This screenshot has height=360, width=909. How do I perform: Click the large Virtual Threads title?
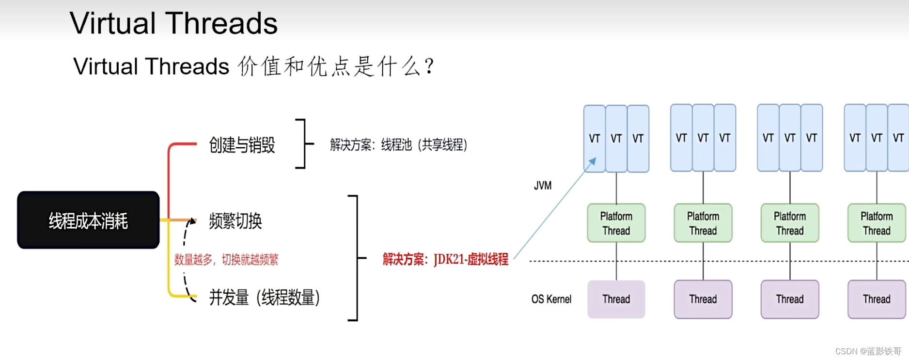pos(173,23)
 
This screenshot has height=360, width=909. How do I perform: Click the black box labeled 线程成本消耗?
pos(88,220)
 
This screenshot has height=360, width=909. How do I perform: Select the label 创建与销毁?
pos(242,145)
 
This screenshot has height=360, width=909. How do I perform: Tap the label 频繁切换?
pos(235,221)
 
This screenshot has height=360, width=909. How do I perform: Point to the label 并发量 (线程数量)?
pos(264,297)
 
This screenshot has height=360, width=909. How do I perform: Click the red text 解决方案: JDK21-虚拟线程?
pos(445,259)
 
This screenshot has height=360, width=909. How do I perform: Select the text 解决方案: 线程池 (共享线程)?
pos(398,145)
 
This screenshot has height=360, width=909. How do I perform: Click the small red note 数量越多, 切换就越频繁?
pos(226,260)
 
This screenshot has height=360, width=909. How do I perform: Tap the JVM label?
pos(543,186)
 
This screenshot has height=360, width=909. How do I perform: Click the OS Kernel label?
pos(551,299)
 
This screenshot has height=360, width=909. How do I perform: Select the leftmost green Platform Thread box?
pos(616,223)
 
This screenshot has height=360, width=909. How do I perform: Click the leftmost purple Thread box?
pos(616,299)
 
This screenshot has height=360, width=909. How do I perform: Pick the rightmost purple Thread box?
pos(877,299)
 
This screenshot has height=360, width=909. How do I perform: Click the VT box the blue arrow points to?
pos(595,139)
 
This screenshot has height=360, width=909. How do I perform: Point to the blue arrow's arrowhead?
pos(592,161)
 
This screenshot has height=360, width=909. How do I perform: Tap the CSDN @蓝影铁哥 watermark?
pos(868,351)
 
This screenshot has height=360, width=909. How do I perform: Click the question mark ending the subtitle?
pos(428,66)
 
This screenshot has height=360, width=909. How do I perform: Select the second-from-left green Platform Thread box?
pos(703,223)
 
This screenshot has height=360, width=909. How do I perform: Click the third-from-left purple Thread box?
pos(790,299)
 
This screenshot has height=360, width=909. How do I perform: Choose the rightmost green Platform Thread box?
pos(877,223)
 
